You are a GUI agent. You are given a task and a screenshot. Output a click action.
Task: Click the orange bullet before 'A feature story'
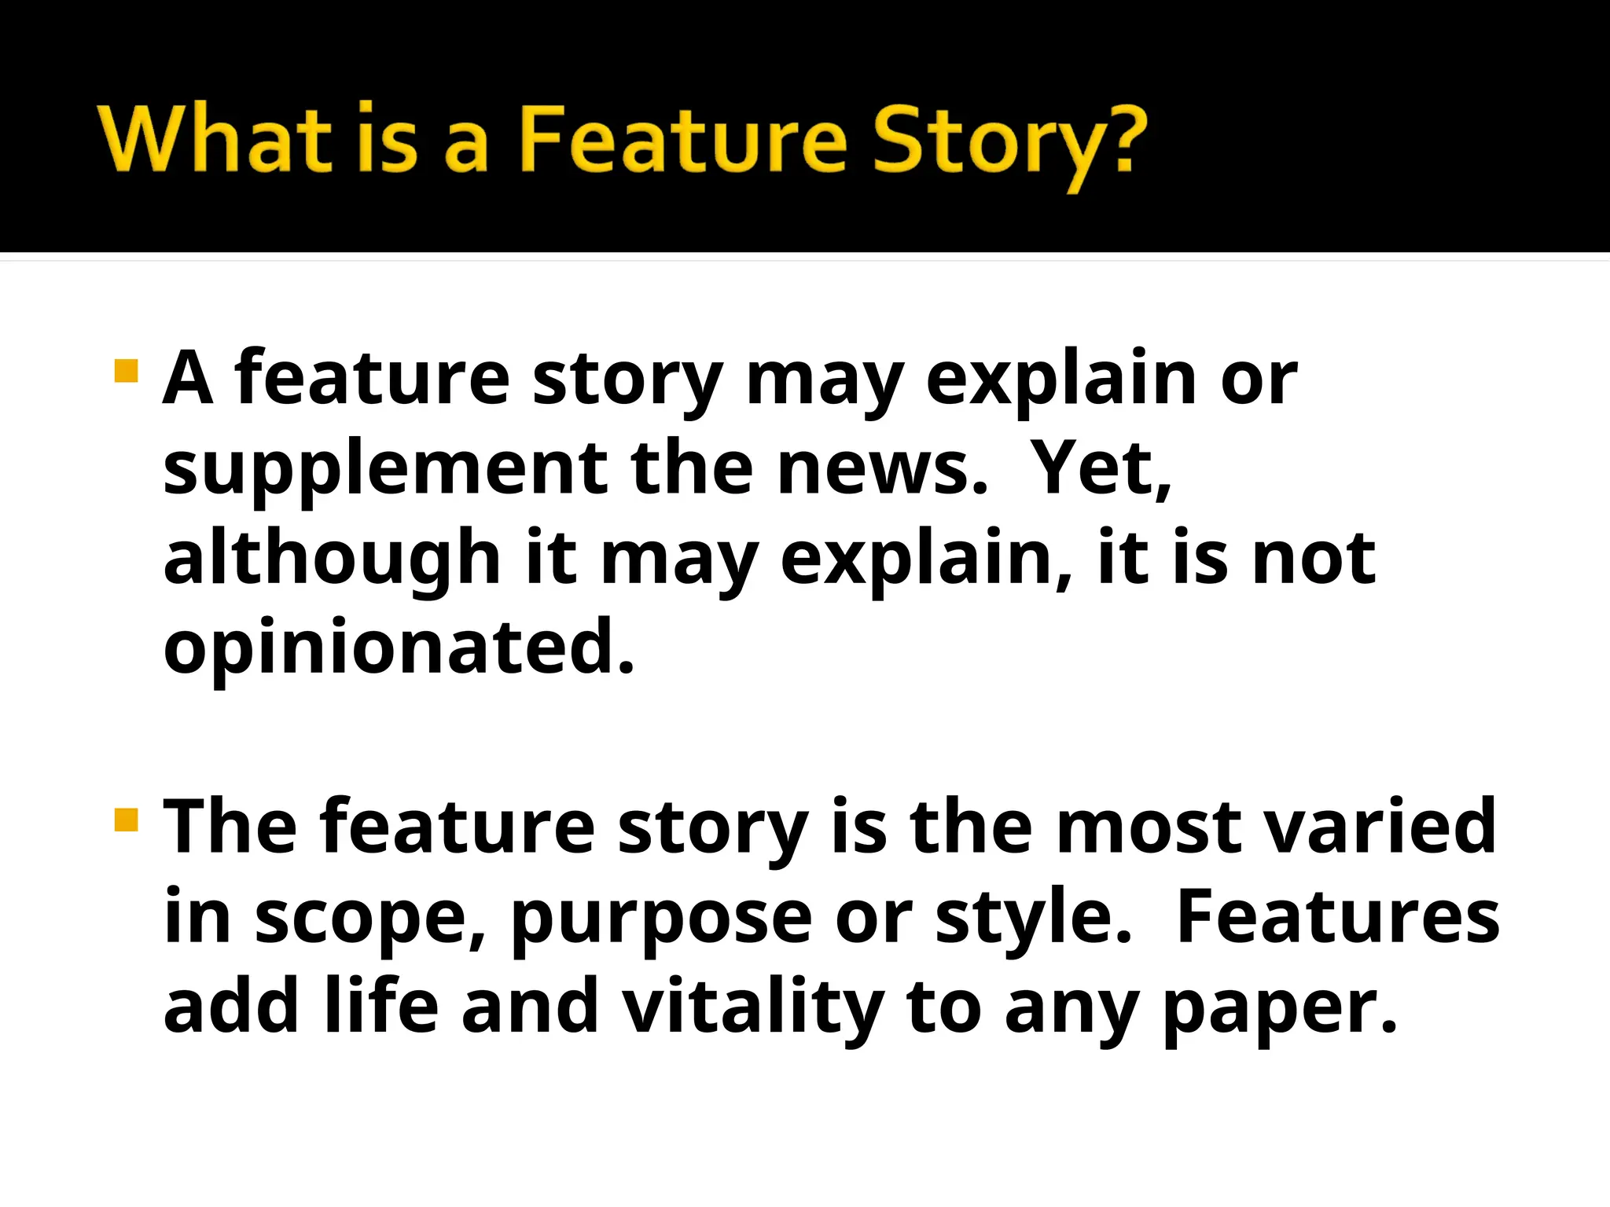click(126, 371)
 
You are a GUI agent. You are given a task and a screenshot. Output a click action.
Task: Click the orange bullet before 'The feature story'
click(126, 820)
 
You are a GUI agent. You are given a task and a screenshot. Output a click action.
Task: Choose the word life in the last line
click(380, 1006)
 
